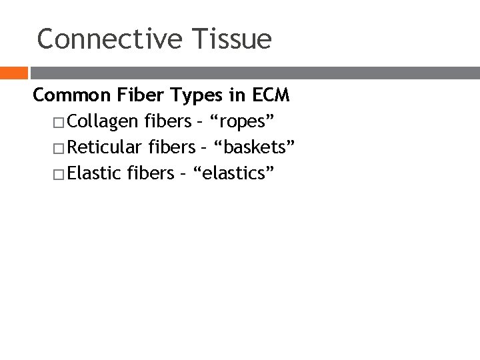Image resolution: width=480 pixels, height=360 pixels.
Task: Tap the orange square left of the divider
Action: click(13, 73)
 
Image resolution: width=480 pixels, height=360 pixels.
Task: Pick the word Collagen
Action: click(101, 123)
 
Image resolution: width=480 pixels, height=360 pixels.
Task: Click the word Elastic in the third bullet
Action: click(93, 174)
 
